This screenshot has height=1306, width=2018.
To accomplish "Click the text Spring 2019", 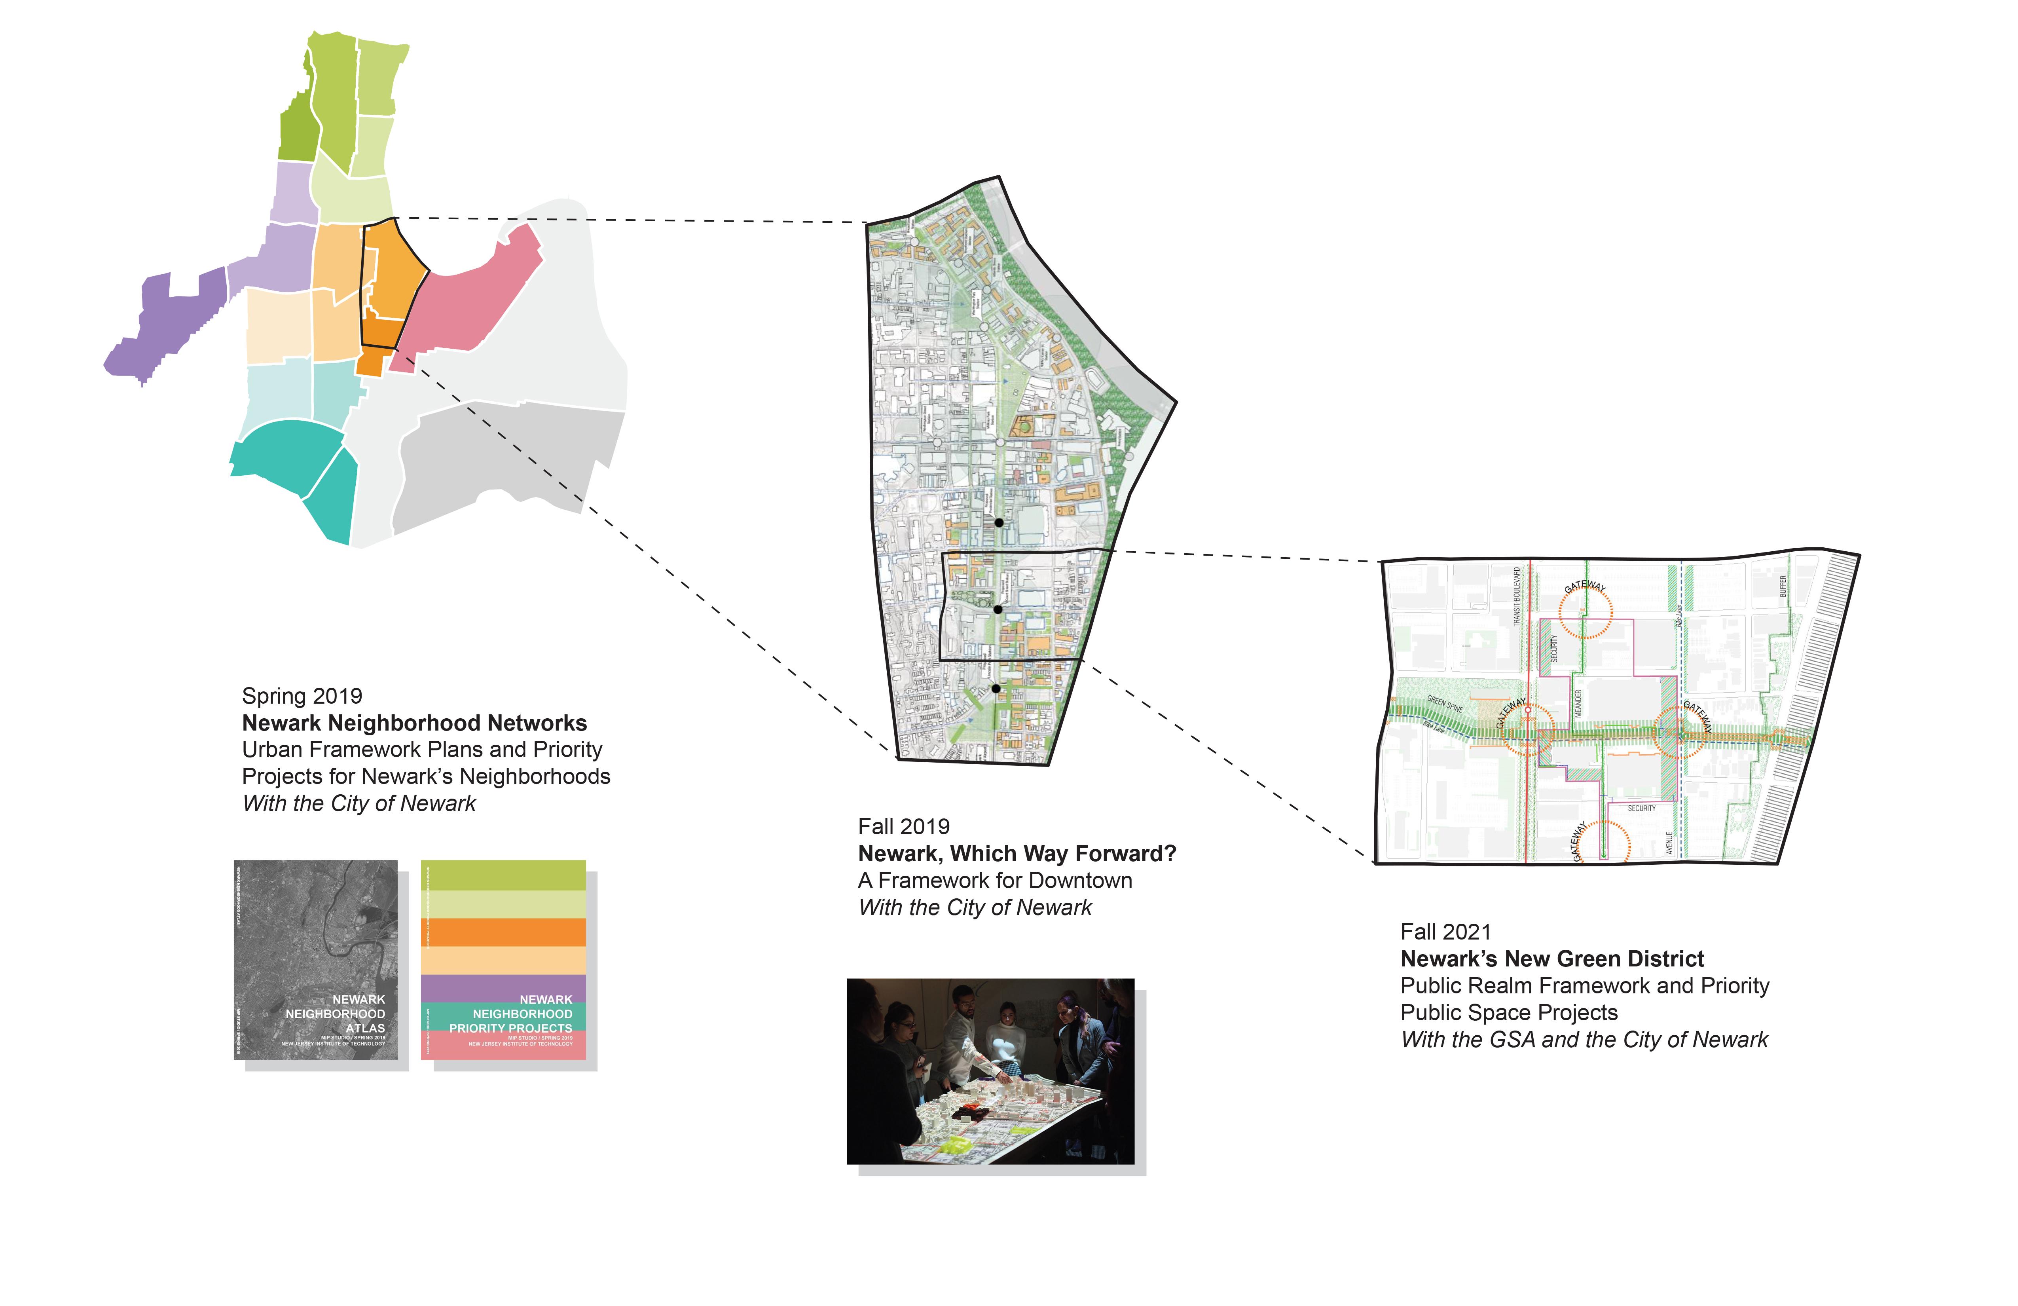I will tap(302, 696).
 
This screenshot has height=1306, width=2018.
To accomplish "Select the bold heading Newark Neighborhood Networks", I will tap(414, 723).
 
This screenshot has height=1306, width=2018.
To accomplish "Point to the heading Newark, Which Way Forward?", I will tap(1017, 854).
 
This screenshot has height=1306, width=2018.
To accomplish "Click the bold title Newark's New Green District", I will tap(1551, 959).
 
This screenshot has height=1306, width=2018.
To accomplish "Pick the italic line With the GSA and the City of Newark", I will tap(1584, 1040).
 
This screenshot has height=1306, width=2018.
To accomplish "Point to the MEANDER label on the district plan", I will tap(1578, 704).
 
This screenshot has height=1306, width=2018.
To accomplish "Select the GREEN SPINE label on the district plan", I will tap(1445, 704).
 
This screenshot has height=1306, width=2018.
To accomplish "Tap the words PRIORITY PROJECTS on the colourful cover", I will tap(510, 1028).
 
